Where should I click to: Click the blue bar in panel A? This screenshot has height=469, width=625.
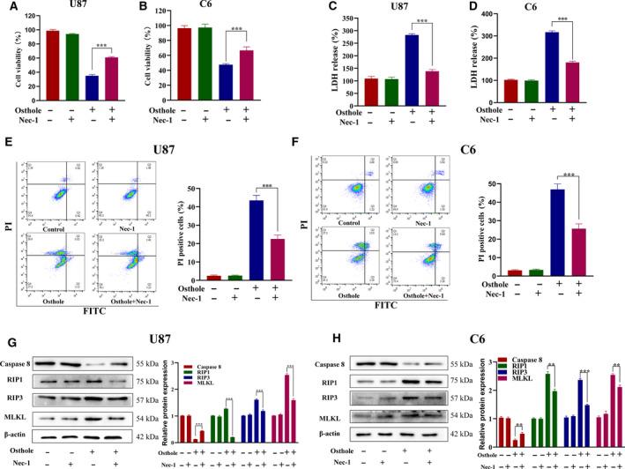point(91,88)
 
